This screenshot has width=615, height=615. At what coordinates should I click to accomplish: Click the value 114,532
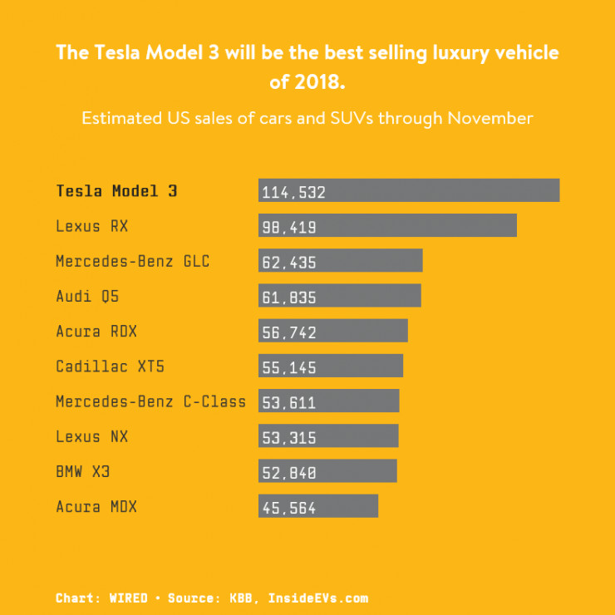[293, 192]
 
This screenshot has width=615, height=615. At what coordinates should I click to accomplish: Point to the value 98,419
[288, 227]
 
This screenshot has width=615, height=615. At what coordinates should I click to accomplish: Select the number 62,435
[288, 262]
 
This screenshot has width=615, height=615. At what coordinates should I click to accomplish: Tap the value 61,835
[288, 297]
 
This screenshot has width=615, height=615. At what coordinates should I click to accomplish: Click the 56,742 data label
[288, 332]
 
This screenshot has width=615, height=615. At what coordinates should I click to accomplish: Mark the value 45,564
[288, 508]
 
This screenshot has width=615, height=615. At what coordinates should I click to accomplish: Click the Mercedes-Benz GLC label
[132, 261]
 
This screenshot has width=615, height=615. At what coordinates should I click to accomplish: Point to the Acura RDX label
[96, 331]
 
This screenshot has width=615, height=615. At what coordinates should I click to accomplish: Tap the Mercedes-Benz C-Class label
[150, 401]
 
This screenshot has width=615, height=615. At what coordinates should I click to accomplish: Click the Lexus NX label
[92, 436]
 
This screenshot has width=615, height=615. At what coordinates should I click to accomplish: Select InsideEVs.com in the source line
[317, 598]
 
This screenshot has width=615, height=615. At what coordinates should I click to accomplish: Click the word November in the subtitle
[490, 118]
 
